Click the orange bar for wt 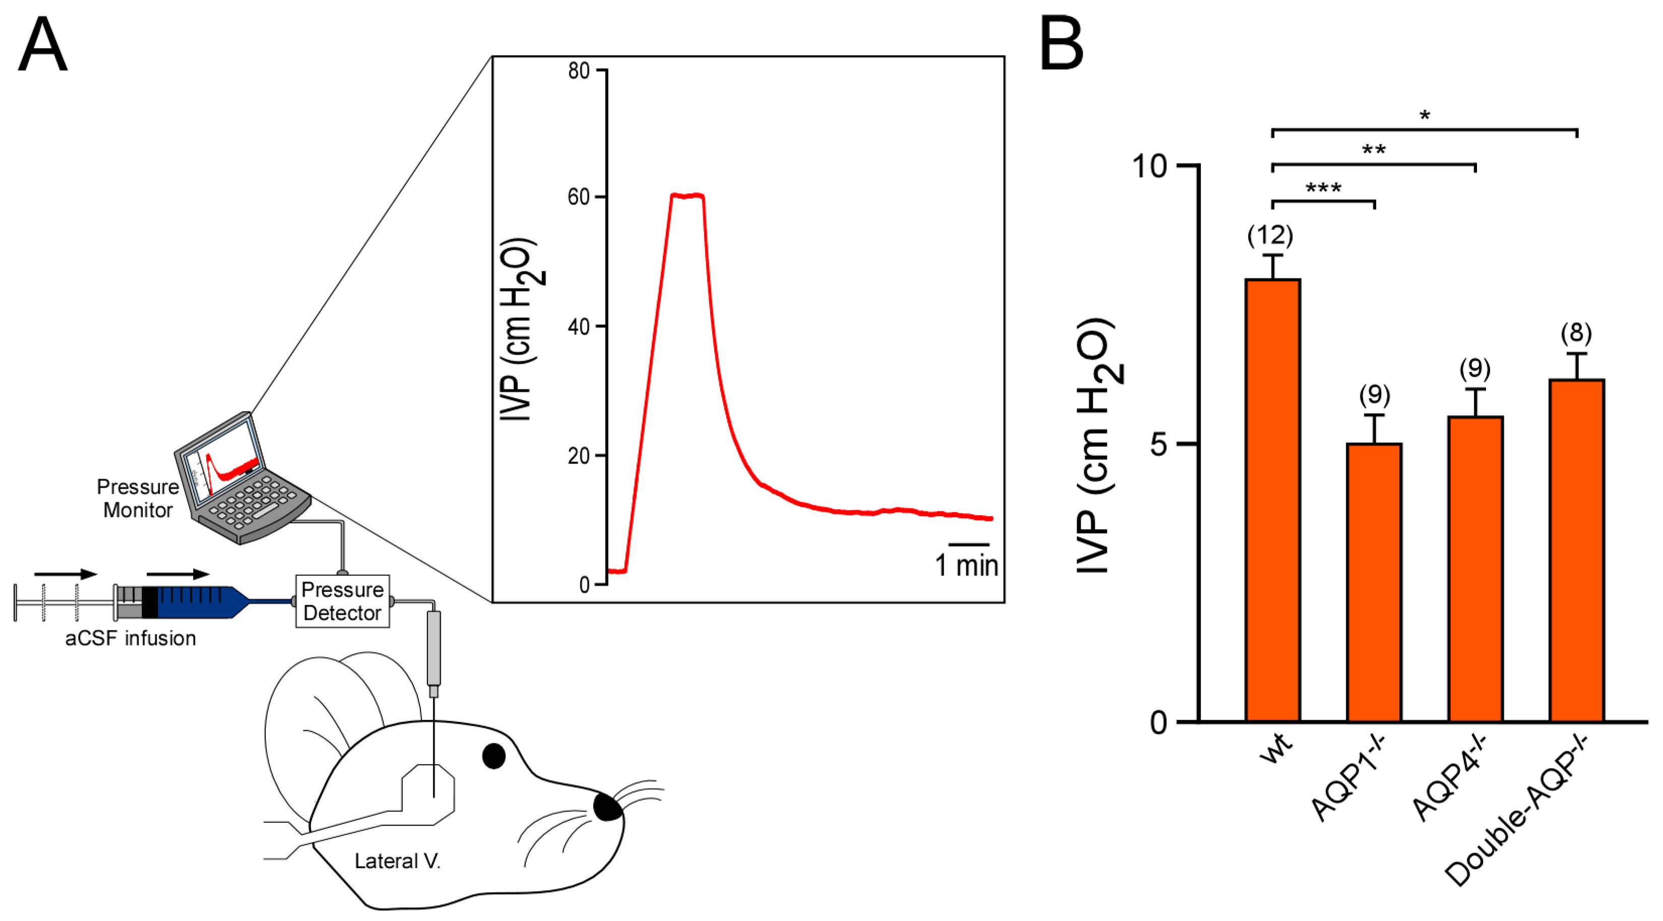pos(1272,500)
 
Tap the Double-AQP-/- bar pos(1576,550)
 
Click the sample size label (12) pos(1270,235)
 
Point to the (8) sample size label pos(1576,333)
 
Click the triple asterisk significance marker pos(1323,189)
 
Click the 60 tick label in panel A pos(579,197)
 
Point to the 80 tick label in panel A pos(579,71)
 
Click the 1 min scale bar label pos(966,566)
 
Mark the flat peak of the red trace pos(687,195)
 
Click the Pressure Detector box pos(342,601)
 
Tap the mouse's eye pos(494,756)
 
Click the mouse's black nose pos(607,808)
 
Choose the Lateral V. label pos(397,861)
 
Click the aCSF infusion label pos(131,638)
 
